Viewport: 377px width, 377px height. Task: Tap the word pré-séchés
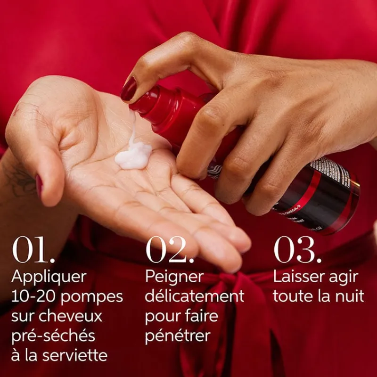pyautogui.click(x=53, y=336)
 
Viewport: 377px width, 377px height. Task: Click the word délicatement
pyautogui.click(x=194, y=296)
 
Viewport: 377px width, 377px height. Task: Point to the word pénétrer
pyautogui.click(x=177, y=336)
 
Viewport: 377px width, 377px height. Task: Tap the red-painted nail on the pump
pyautogui.click(x=128, y=90)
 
